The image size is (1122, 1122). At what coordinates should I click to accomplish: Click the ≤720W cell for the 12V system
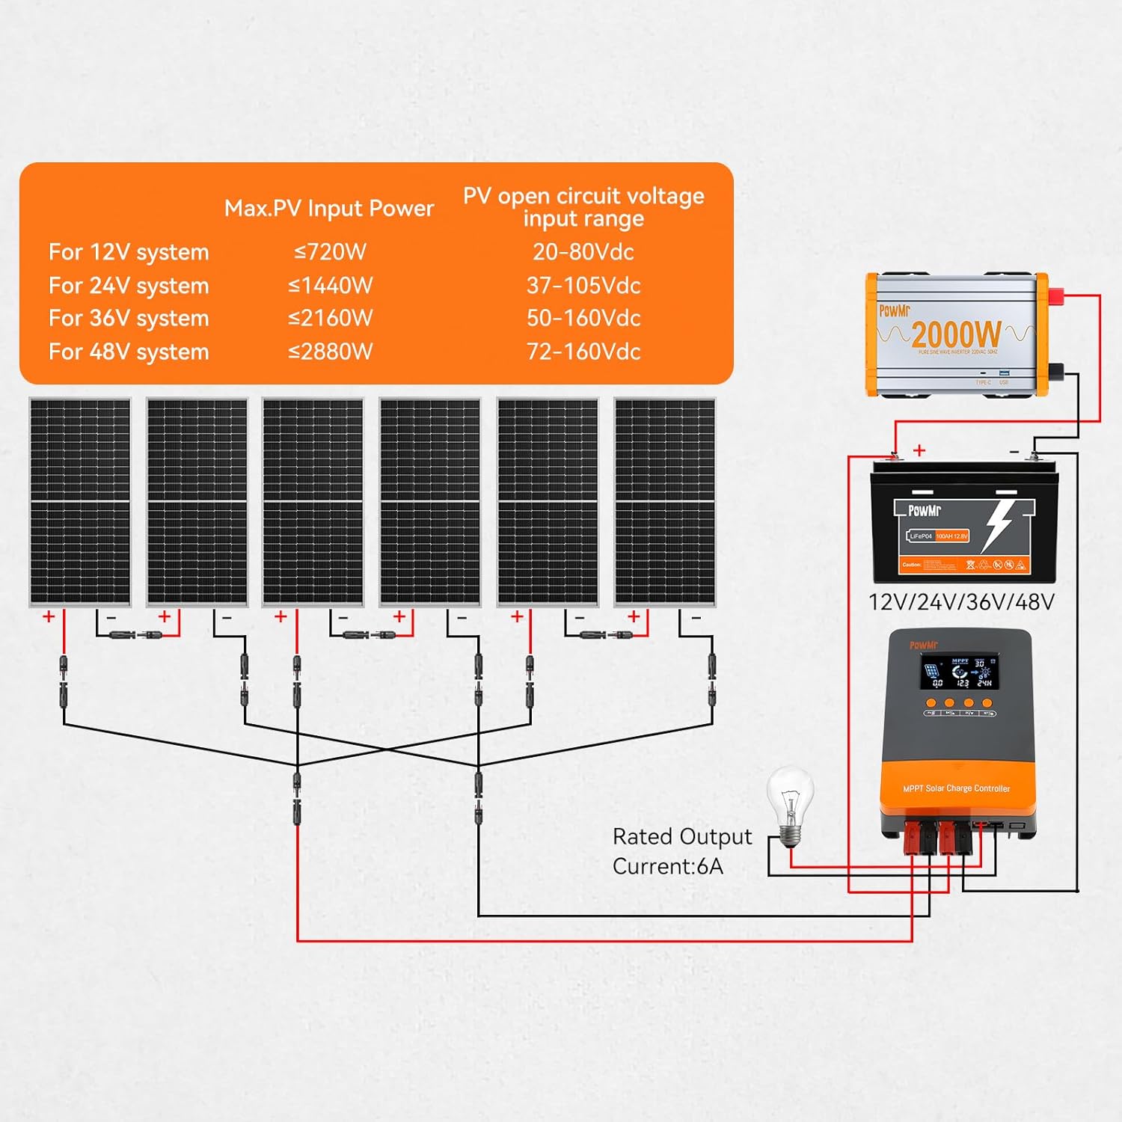(330, 252)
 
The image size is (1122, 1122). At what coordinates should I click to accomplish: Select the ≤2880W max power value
(330, 352)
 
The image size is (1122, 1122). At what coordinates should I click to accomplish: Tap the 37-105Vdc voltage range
(583, 286)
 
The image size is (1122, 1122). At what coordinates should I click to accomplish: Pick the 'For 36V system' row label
(129, 319)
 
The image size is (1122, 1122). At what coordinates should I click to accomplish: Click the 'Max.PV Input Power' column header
(329, 208)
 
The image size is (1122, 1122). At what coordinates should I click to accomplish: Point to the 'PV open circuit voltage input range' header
(583, 207)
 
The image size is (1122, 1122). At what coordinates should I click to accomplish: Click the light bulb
(790, 803)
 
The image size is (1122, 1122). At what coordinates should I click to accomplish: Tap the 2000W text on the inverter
(956, 334)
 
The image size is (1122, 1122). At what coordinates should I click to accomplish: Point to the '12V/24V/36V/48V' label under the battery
(961, 602)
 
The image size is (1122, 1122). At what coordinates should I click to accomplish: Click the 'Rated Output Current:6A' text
(681, 851)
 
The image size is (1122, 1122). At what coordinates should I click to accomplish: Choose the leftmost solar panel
(80, 501)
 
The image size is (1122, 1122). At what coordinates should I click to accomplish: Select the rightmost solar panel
(664, 501)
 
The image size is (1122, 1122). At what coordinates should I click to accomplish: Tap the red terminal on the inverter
(1055, 296)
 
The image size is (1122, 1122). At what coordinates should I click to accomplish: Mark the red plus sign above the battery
(919, 450)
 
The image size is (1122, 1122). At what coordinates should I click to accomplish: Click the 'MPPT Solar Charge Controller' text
(956, 788)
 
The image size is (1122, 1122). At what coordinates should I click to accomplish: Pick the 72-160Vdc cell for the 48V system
(583, 352)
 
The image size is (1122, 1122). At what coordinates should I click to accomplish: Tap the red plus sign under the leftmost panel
(49, 616)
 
